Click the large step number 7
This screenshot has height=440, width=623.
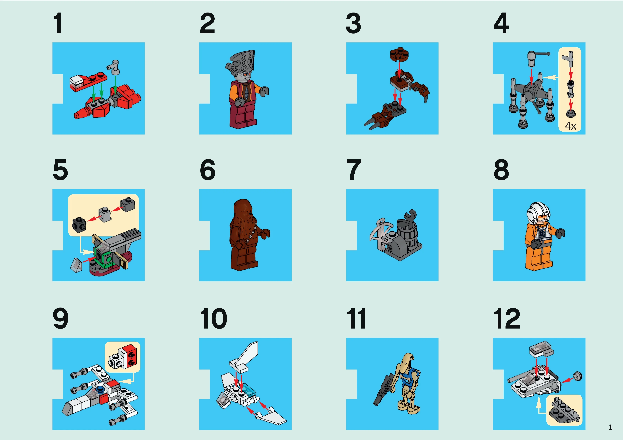click(x=354, y=170)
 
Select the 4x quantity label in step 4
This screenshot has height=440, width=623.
click(x=570, y=126)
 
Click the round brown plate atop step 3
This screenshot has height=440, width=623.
click(x=399, y=54)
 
